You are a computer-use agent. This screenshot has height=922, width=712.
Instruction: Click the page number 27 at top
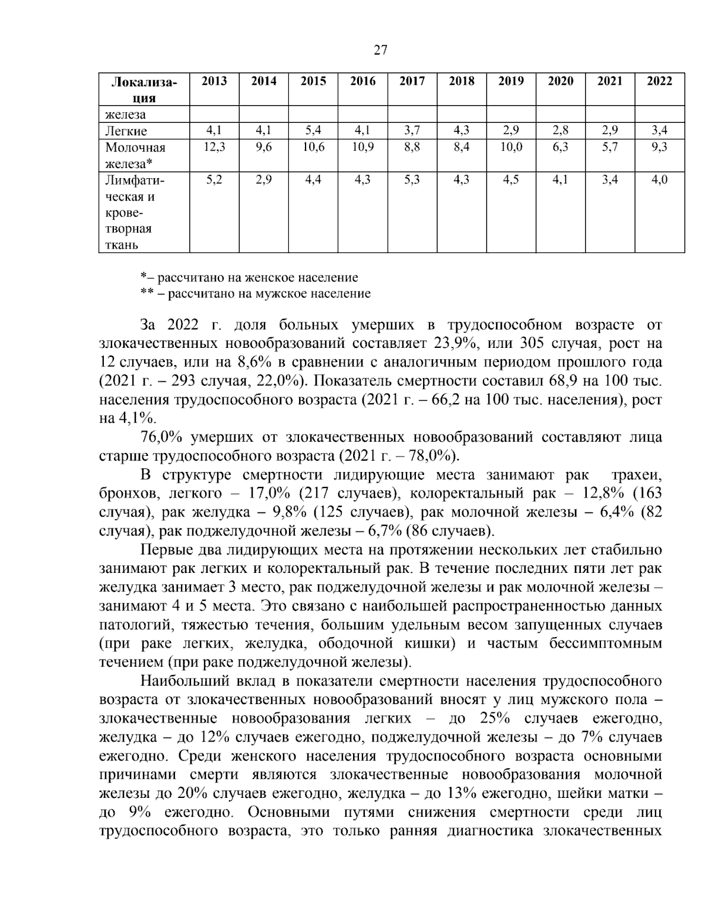pyautogui.click(x=380, y=50)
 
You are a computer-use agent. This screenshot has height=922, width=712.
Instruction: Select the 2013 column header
pyautogui.click(x=214, y=81)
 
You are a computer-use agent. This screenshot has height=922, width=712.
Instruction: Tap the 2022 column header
pyautogui.click(x=659, y=81)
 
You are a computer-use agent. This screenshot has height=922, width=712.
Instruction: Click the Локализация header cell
pyautogui.click(x=144, y=90)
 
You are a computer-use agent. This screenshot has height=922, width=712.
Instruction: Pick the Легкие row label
pyautogui.click(x=126, y=131)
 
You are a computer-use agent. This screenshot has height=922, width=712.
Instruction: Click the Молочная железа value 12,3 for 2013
pyautogui.click(x=214, y=147)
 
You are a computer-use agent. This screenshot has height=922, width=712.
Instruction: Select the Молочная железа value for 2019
pyautogui.click(x=511, y=147)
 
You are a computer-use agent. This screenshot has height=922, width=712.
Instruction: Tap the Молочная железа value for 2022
pyautogui.click(x=659, y=147)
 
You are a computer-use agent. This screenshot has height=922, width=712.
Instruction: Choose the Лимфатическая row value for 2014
pyautogui.click(x=263, y=180)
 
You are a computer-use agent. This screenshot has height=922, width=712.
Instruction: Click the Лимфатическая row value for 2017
pyautogui.click(x=412, y=180)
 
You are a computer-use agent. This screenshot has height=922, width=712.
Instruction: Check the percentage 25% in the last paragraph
pyautogui.click(x=495, y=718)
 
